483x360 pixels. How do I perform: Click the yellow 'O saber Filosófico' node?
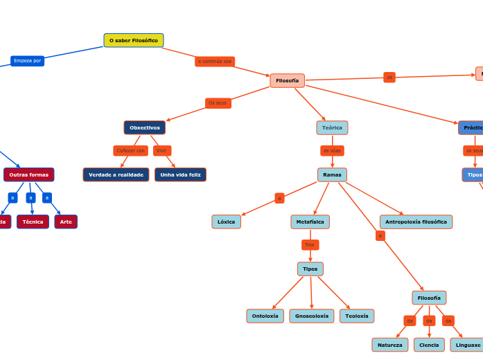coord(134,41)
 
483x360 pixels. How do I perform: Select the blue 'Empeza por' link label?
coord(28,61)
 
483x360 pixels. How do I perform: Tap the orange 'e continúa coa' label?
coord(215,62)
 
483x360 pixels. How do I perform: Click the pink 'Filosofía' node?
coord(287,81)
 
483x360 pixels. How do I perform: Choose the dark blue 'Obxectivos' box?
coord(145,127)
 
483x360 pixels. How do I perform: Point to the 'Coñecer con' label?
coord(131,150)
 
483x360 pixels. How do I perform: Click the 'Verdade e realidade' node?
coord(116,174)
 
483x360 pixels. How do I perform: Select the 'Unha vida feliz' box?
coord(180,174)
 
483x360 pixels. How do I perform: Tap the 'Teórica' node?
coord(332,127)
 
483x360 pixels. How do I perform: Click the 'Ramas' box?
coord(332,174)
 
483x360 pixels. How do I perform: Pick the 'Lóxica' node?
coord(227,222)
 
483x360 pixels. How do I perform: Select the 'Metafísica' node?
coord(310,222)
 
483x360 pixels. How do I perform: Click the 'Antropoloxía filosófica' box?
coord(416,222)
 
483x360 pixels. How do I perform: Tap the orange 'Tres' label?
coord(310,244)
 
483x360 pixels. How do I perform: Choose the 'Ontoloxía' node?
coord(265,316)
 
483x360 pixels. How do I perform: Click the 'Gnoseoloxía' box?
coord(312,316)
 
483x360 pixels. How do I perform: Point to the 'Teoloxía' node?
coord(357,316)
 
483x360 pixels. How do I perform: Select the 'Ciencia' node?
coord(429,345)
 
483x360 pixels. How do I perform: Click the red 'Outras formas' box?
coord(29,174)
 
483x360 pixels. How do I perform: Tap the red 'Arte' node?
coord(66,222)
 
